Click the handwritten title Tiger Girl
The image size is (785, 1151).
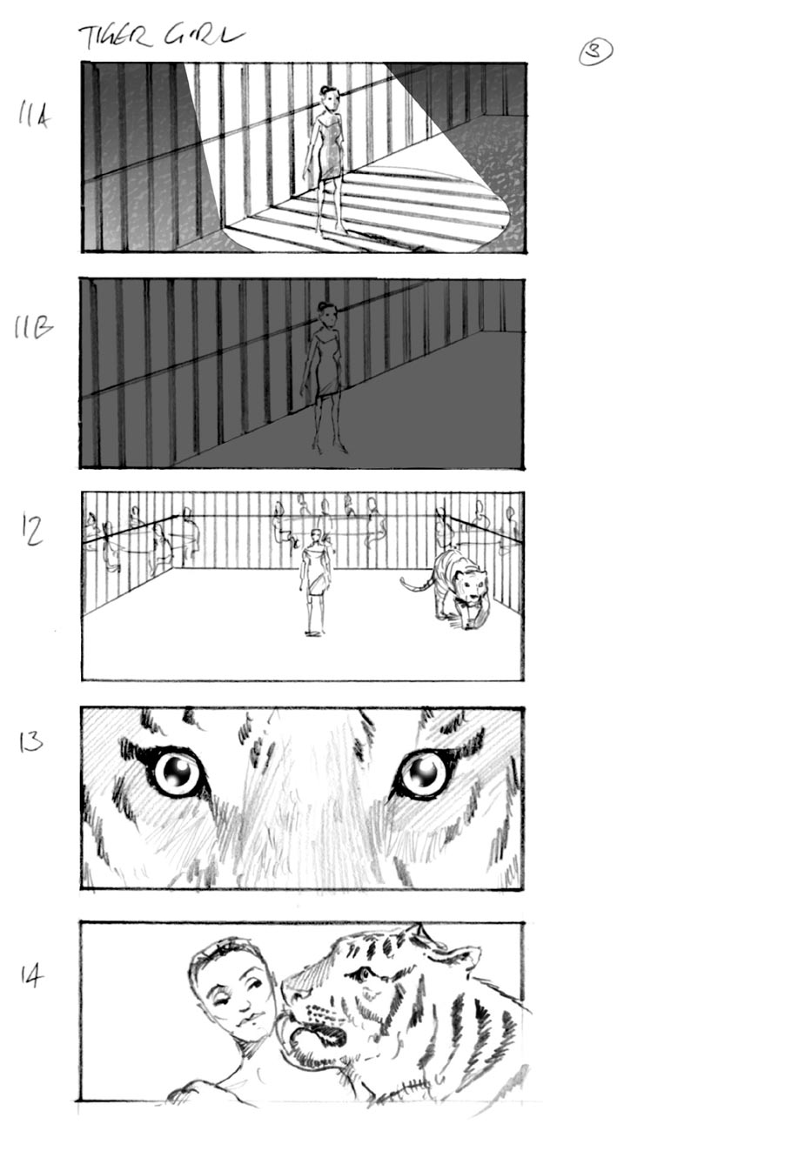[x=161, y=36]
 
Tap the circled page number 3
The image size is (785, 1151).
[x=595, y=52]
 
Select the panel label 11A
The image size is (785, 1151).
[x=34, y=115]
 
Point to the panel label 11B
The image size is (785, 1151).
[x=32, y=328]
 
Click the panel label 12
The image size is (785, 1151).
[x=32, y=530]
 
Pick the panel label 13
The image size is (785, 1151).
[x=31, y=741]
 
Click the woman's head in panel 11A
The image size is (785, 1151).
[x=329, y=97]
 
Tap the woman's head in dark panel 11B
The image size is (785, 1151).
[x=327, y=313]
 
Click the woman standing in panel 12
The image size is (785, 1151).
[x=314, y=579]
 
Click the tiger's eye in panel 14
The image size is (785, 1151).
[x=359, y=974]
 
